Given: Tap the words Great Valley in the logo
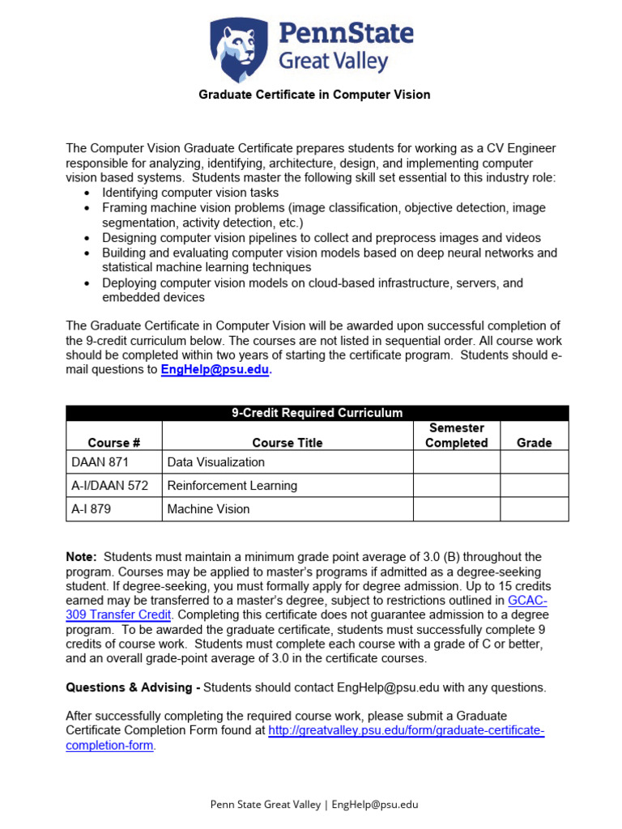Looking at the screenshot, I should tap(334, 62).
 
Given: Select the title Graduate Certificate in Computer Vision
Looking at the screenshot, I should tap(314, 95).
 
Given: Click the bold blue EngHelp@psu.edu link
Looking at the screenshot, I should tap(215, 370).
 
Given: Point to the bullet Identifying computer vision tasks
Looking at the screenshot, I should tap(190, 193).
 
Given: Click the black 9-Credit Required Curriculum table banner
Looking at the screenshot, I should tap(317, 413).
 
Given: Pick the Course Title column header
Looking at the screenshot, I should tap(287, 443).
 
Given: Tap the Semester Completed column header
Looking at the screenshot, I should tap(456, 436).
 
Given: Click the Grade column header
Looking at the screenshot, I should tap(534, 443).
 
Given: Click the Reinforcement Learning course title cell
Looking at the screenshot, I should tap(232, 486).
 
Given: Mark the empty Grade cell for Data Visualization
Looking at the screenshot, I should tap(534, 462).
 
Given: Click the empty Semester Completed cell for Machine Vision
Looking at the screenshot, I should tap(456, 509).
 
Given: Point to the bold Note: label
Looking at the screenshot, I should tap(81, 557).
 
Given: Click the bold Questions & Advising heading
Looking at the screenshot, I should tap(132, 687).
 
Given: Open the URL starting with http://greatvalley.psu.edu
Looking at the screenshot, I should tap(406, 731).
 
